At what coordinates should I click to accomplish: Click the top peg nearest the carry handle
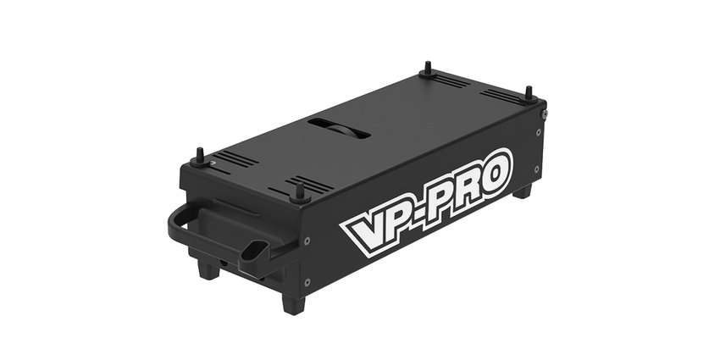pos(201,155)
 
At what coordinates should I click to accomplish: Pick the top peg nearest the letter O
pos(529,92)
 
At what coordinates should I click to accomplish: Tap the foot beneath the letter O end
pos(522,191)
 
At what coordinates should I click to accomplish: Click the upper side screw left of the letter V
pos(306,241)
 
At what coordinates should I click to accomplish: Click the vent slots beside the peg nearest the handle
pos(230,158)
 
